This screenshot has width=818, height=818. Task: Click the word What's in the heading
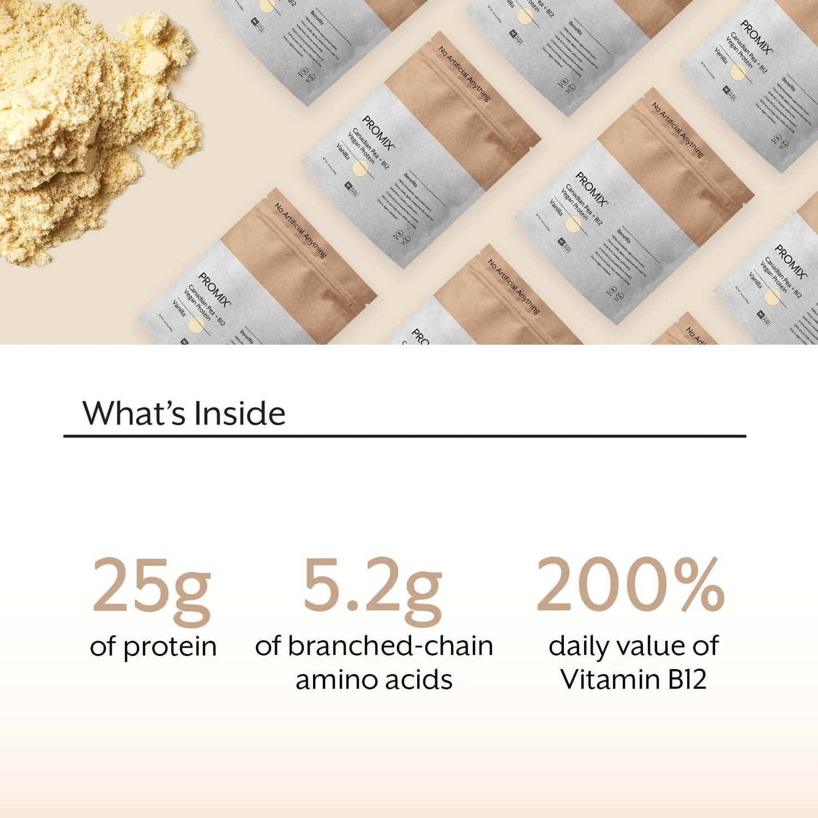click(x=134, y=413)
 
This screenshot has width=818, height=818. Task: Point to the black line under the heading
click(x=404, y=436)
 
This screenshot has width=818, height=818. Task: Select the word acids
click(x=419, y=680)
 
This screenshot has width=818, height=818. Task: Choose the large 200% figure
click(x=630, y=585)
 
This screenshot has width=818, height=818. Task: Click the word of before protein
click(x=102, y=646)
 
